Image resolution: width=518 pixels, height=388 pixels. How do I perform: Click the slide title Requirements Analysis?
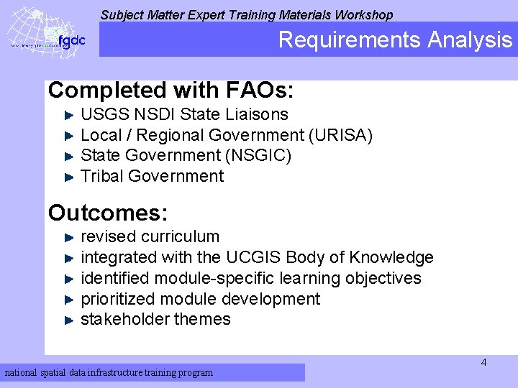tap(395, 40)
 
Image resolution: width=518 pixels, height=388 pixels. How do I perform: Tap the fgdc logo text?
tap(71, 40)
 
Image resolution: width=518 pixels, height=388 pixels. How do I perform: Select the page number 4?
tap(483, 362)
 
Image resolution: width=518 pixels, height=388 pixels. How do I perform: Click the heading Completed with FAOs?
tap(171, 91)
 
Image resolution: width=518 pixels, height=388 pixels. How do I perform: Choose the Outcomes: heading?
tap(108, 213)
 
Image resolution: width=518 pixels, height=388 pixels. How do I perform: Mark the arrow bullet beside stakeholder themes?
tap(70, 319)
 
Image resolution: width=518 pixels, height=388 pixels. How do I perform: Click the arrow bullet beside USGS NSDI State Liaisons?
tap(70, 114)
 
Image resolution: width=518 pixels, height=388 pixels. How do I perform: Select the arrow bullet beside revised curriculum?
tap(70, 236)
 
